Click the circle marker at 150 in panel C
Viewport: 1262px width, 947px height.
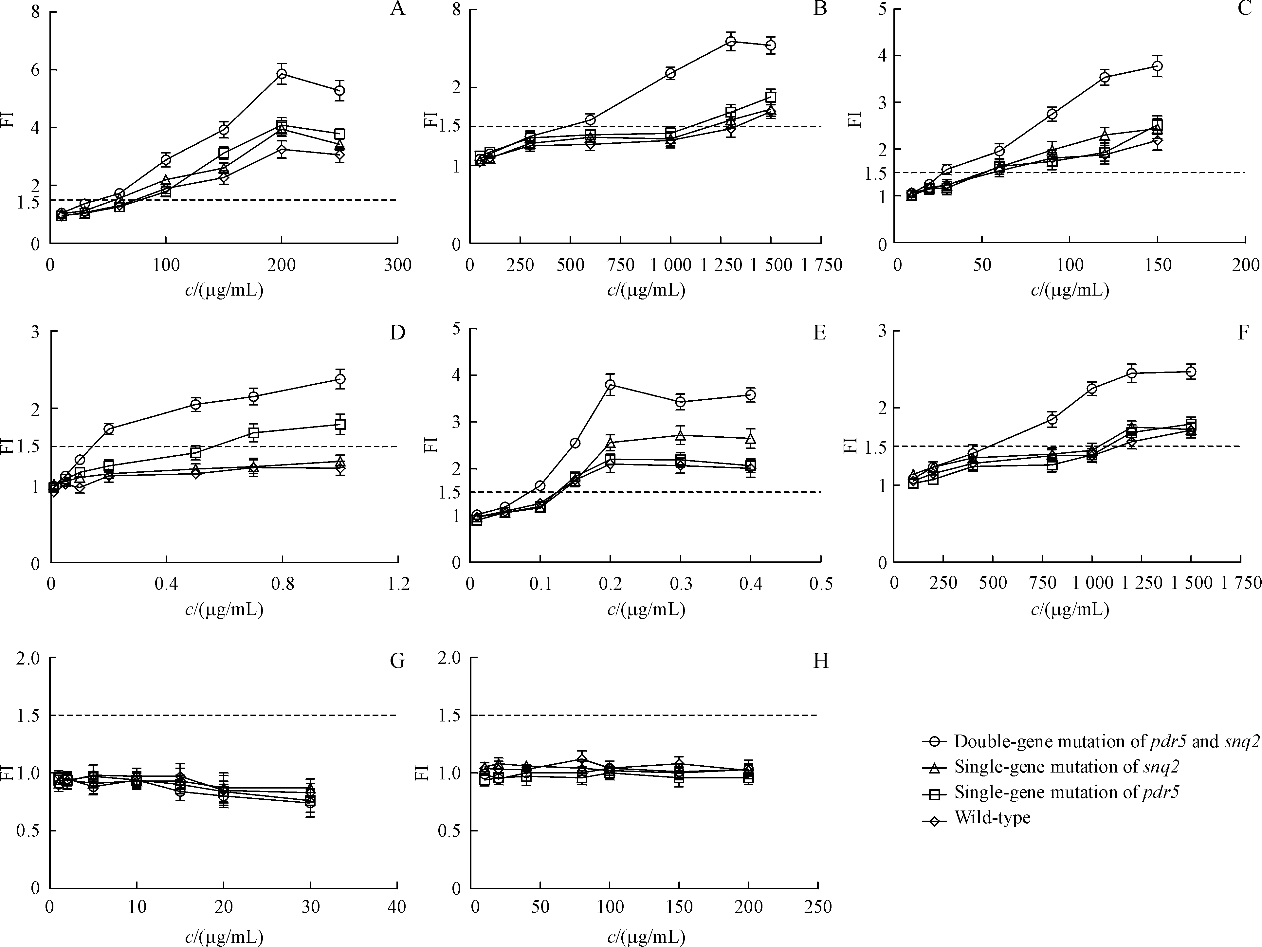tap(1157, 66)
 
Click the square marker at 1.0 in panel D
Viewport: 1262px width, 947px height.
tap(340, 425)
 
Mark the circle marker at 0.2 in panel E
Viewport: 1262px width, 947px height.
tap(611, 385)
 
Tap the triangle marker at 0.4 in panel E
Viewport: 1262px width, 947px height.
tap(751, 439)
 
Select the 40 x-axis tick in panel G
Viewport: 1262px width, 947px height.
tap(397, 907)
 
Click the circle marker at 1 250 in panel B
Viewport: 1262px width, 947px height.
tap(731, 41)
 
